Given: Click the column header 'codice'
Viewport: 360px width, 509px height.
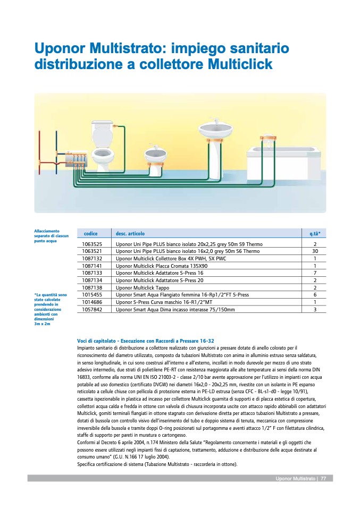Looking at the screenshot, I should (91, 233).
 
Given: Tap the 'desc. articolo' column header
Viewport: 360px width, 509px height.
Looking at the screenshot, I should (130, 233).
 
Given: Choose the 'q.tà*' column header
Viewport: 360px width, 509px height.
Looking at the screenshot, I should (315, 233).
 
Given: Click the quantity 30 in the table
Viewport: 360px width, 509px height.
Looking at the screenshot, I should (315, 251).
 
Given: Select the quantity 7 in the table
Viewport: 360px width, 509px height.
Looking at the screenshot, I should (315, 273).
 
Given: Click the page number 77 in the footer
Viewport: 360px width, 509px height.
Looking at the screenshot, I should (323, 479).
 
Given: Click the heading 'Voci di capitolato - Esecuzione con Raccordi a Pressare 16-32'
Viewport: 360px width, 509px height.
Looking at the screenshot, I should (145, 341).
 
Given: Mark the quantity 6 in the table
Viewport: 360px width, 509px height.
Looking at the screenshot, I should (315, 295).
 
